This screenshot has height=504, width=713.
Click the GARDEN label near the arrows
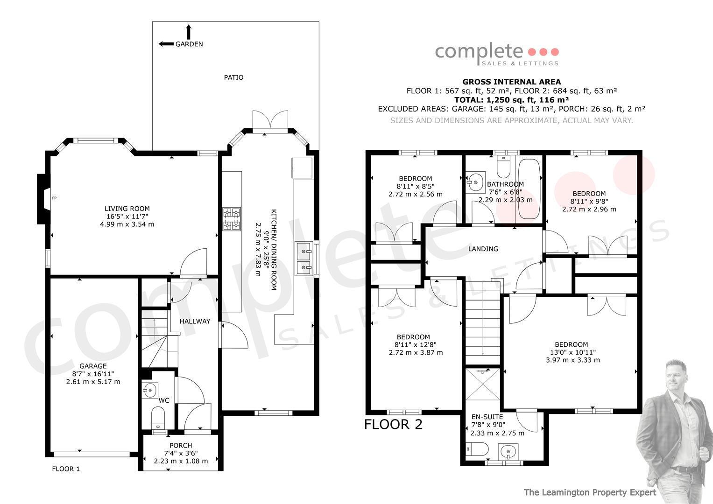189,44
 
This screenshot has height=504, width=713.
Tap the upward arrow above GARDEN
189,32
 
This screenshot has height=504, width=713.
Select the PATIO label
233,77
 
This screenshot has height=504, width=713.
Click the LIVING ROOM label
127,209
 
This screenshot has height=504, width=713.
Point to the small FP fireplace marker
54,198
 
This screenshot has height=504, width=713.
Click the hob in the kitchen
232,219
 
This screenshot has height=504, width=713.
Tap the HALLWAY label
195,322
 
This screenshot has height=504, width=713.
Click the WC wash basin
149,390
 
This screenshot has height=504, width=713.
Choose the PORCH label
181,446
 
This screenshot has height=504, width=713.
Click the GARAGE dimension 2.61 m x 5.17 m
93,382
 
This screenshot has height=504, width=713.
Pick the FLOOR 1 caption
66,469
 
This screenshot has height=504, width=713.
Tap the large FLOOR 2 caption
393,425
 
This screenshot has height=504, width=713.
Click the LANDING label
483,249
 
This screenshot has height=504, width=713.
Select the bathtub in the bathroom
529,189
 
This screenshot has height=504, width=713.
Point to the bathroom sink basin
476,182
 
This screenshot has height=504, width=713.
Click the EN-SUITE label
487,417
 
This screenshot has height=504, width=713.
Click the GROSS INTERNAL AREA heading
512,82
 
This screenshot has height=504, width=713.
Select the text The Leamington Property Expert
590,492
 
